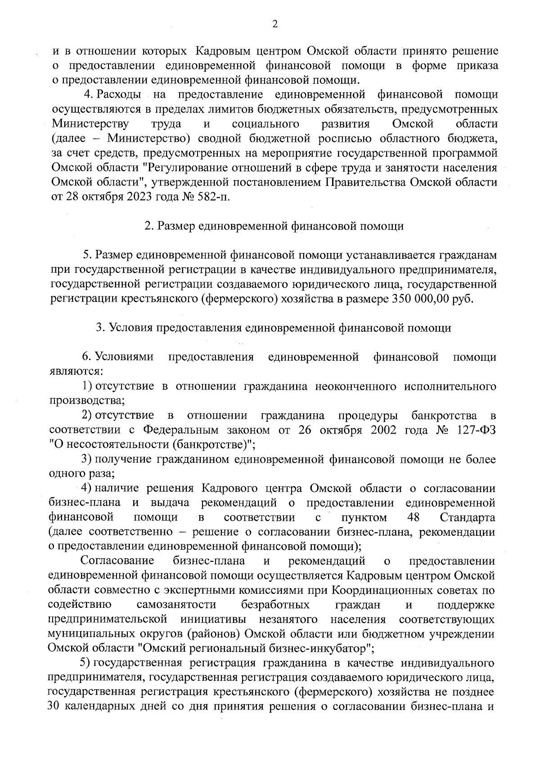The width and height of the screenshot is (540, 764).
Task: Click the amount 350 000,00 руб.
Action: click(430, 299)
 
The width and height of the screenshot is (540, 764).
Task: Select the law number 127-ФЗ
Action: click(476, 429)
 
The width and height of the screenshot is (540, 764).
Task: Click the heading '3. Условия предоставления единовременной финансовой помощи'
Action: click(274, 328)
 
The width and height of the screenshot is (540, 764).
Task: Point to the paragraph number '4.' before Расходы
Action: click(88, 95)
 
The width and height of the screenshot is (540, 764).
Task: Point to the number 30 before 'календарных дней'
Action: click(54, 706)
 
